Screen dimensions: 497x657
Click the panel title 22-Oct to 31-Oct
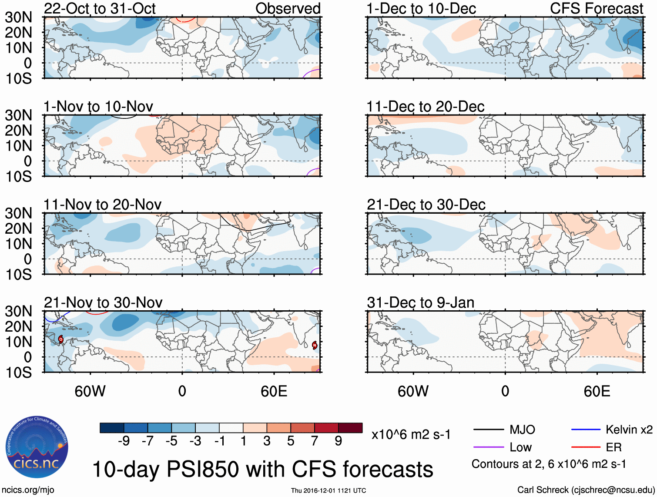pos(100,8)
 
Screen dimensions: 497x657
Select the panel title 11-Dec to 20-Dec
pos(425,107)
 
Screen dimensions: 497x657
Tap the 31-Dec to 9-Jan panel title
pos(420,302)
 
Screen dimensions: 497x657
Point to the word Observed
pos(288,8)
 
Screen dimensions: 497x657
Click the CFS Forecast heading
pos(596,8)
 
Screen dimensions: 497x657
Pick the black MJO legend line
pos(489,430)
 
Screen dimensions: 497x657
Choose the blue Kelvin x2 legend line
pos(586,430)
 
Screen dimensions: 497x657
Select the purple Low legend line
pos(489,447)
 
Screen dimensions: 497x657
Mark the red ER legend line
pos(586,447)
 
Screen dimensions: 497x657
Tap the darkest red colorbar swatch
pos(350,428)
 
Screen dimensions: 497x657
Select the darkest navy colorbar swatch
pos(112,428)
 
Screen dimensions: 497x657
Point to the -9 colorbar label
pos(124,441)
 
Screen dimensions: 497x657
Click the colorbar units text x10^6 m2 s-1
pos(411,434)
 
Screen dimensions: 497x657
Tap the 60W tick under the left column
pos(90,391)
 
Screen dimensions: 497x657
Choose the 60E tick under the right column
pos(597,391)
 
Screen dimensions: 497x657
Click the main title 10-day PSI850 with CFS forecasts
pos(263,470)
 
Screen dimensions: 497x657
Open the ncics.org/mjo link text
pos(28,490)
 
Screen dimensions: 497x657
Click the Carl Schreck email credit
pos(586,490)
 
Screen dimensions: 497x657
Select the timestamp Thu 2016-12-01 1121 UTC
pos(328,490)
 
